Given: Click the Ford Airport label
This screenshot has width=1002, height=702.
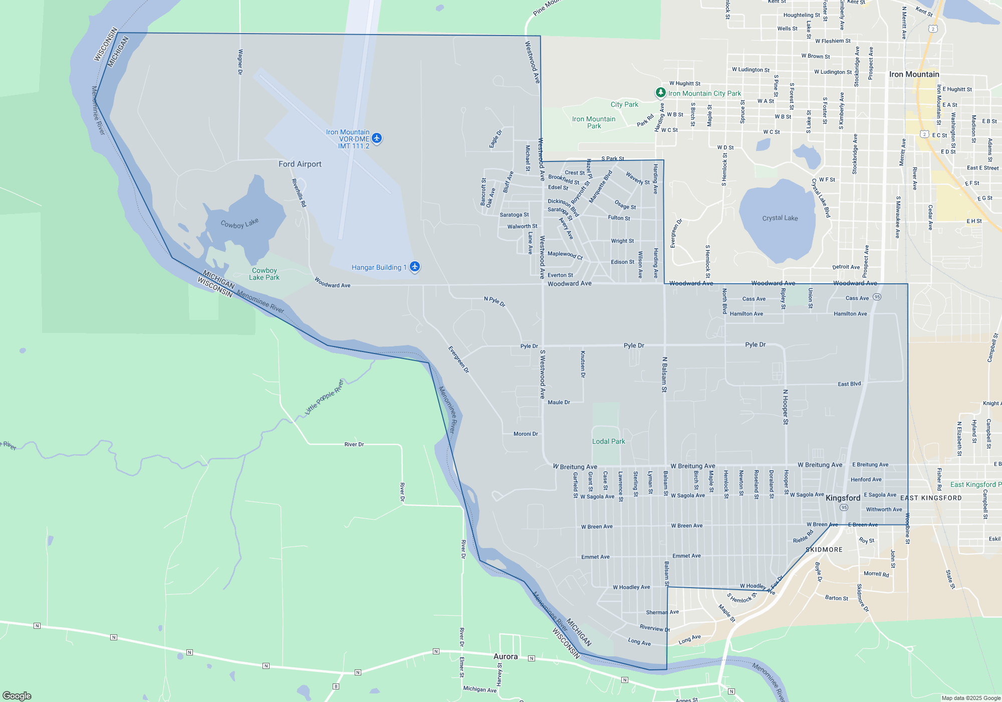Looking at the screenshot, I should point(300,164).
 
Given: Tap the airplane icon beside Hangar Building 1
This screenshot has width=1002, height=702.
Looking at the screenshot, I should point(415,266).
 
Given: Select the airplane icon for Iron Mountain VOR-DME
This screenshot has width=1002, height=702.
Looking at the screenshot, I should point(377,138).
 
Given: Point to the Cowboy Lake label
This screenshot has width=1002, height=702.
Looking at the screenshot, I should point(239,223).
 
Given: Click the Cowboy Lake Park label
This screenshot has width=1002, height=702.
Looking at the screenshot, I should point(264,274).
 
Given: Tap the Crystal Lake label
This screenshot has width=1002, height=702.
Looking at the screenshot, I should point(780,218).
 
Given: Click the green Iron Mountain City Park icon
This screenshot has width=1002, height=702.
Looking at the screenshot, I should point(661,93).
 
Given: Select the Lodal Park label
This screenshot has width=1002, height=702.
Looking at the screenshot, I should point(608,441).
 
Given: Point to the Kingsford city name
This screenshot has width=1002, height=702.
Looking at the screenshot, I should point(843,498).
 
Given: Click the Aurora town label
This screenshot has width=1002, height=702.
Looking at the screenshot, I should point(506,656).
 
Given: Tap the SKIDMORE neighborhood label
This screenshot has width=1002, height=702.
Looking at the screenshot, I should point(824,550).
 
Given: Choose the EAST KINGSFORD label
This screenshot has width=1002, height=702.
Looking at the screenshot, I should point(931,498).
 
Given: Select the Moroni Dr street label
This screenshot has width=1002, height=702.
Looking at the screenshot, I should point(526,434).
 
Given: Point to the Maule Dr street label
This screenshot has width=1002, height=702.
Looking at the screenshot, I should point(559,402).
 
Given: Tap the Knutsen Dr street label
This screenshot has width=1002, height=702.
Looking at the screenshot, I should point(583,364).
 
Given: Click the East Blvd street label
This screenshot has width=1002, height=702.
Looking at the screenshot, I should point(849,384).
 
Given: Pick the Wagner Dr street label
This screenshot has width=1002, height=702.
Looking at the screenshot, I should point(240,62).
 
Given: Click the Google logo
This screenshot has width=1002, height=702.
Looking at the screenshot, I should point(17,695).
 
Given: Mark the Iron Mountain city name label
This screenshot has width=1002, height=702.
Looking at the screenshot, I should point(914,74).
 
